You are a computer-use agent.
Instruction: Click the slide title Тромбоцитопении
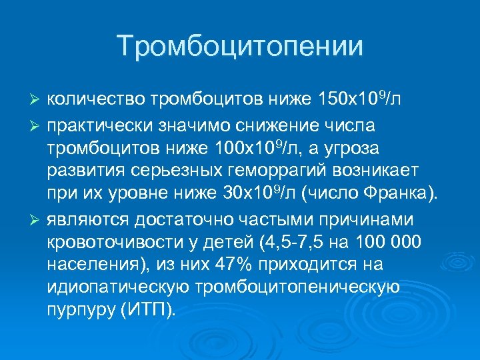[x=240, y=46]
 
